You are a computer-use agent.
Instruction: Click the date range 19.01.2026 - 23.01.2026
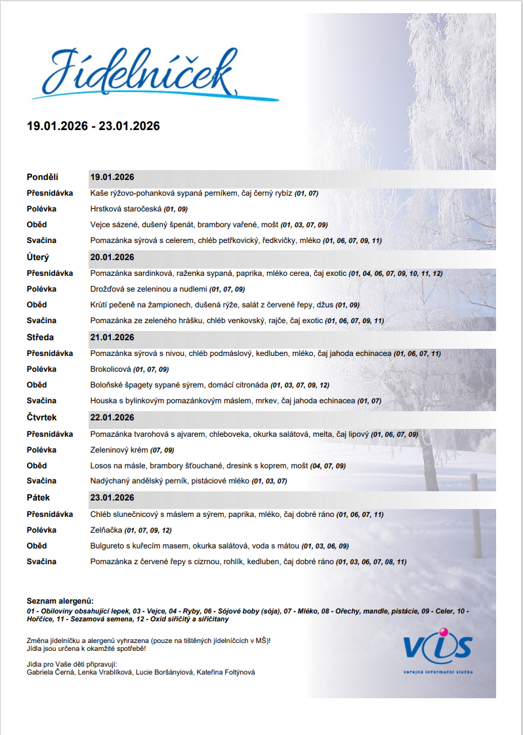pos(93,126)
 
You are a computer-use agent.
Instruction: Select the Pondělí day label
pos(43,177)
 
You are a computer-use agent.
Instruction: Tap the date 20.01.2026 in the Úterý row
pos(112,257)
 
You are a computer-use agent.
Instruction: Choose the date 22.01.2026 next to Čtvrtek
pos(112,418)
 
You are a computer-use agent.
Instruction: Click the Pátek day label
pos(39,498)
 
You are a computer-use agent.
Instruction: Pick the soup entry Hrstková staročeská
pos(126,209)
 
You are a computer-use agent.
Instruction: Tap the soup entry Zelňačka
pos(105,530)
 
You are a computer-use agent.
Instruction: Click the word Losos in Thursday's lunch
pos(100,466)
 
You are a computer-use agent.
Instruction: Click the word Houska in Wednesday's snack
pos(102,401)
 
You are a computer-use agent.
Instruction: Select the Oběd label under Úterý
pos(37,305)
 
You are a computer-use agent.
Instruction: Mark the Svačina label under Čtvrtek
pos(41,481)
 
